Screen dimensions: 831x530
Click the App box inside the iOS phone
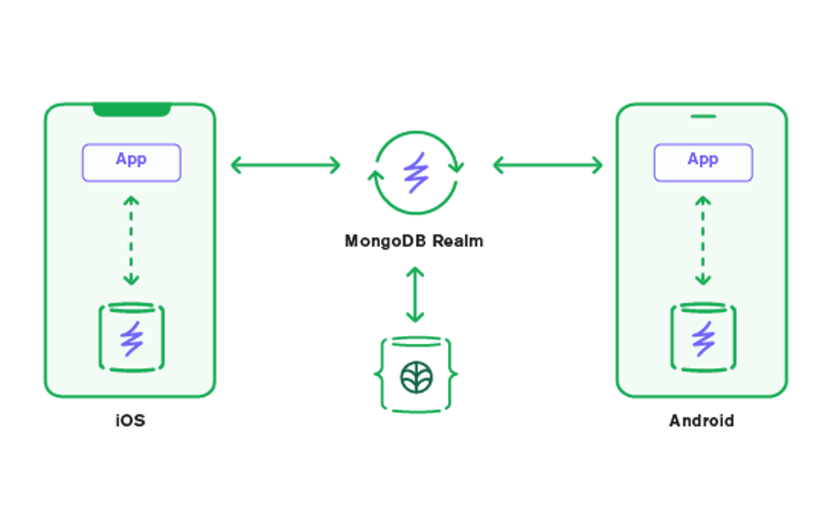click(132, 163)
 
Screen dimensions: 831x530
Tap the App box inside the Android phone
click(703, 163)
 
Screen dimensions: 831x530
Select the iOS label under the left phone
click(131, 421)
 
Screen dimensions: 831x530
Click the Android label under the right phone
click(702, 421)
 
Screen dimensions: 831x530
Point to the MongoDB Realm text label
click(414, 241)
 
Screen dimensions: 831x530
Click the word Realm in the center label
click(458, 241)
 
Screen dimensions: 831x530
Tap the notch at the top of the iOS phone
click(132, 110)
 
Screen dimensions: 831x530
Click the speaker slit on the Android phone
click(703, 116)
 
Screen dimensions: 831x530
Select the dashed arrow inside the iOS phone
click(131, 241)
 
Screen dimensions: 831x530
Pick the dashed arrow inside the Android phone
click(703, 241)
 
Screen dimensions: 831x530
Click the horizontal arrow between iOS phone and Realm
click(285, 165)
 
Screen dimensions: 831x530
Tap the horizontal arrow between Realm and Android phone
click(548, 165)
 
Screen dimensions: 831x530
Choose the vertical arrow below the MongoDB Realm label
click(415, 294)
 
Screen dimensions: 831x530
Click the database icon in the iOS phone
click(132, 337)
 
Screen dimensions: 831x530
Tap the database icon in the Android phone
click(703, 337)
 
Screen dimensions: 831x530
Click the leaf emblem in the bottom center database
click(416, 377)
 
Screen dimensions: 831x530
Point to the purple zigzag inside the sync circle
click(416, 173)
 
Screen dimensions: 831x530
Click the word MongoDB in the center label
click(385, 241)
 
